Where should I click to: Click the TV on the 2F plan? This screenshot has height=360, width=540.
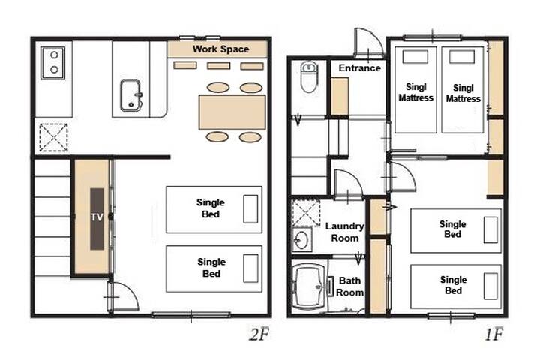97,219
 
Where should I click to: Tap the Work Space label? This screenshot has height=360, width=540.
220,49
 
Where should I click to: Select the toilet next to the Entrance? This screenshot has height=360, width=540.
309,76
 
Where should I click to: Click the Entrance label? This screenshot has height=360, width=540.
359,67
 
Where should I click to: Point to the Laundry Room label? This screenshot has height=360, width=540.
345,232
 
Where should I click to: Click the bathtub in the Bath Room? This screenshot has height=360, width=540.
309,286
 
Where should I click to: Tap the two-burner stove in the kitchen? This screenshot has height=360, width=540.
53,63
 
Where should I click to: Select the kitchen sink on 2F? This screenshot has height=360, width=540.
130,95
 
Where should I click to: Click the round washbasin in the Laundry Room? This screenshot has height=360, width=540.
302,240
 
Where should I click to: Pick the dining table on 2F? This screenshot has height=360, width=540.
232,112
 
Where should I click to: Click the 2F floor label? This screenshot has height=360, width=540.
259,334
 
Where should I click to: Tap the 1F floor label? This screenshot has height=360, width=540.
494,334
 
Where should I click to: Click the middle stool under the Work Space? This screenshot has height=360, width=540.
219,65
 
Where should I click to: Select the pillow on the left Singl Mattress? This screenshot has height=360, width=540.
415,57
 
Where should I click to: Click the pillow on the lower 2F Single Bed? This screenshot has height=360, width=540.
250,268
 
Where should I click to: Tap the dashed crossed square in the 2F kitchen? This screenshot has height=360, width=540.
53,138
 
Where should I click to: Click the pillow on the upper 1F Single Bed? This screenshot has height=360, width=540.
490,229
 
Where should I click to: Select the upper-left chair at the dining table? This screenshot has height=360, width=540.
218,88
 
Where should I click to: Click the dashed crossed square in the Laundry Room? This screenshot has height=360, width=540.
306,212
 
